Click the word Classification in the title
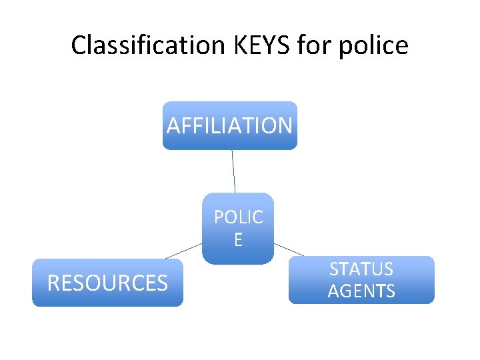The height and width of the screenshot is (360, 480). coord(149,45)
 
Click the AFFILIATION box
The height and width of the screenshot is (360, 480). coord(230,125)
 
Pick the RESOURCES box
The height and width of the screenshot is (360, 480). coord(107,283)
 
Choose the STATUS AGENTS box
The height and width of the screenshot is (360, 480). coord(361,280)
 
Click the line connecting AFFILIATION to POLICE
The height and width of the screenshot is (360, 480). coord(233,171)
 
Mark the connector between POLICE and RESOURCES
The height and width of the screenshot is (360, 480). coord(183,251)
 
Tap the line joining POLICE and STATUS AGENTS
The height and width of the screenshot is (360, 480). coord(289,249)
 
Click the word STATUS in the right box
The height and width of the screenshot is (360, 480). coord(361,269)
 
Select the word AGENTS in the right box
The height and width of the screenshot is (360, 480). coord(361,291)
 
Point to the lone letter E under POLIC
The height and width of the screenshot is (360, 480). coord(238,240)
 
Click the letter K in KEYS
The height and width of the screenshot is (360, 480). coord(239,45)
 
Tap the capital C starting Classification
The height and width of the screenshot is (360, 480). coord(78,45)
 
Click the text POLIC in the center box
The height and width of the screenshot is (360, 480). coord(238,218)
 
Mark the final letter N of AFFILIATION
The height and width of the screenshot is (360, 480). coord(285,125)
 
